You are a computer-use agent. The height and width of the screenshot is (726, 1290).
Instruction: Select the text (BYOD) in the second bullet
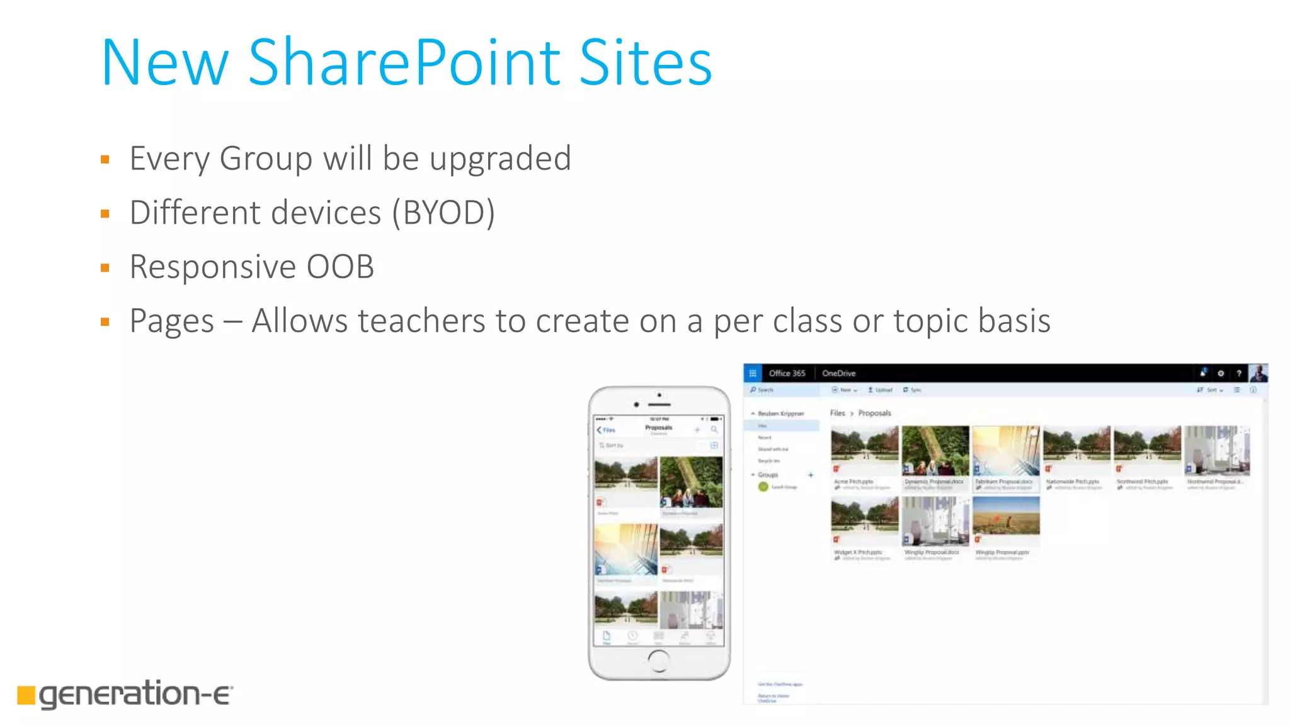click(443, 212)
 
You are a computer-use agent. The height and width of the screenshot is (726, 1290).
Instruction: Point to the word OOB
click(340, 267)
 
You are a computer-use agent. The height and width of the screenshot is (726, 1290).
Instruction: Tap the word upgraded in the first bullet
click(500, 158)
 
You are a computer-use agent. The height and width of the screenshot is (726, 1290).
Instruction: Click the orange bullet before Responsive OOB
click(105, 268)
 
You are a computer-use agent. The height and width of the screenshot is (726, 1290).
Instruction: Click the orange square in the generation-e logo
click(26, 694)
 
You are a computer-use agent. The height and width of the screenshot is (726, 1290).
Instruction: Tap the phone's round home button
click(659, 660)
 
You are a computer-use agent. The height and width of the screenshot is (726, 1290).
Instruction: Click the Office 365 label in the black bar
click(787, 373)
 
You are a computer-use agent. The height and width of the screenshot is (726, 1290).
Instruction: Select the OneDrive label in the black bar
click(838, 373)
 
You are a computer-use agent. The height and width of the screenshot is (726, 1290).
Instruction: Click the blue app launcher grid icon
click(753, 373)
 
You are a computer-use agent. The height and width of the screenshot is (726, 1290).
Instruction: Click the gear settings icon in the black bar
click(1221, 373)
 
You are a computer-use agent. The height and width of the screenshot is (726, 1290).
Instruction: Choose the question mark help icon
click(1238, 373)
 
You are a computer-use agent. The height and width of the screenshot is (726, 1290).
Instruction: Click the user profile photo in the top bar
click(1259, 373)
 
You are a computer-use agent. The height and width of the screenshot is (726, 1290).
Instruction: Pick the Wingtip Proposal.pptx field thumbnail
click(1006, 516)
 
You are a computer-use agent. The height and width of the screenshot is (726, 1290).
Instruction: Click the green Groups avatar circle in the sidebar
click(763, 487)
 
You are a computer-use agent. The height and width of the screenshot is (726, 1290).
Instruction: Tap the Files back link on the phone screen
click(606, 430)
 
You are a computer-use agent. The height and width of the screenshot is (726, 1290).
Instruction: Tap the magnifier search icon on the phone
click(714, 430)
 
